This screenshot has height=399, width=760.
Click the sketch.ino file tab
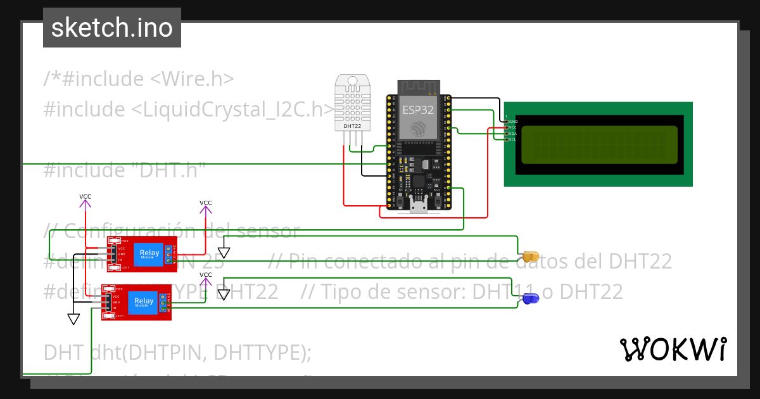point(111,28)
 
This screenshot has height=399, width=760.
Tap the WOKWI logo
point(673,349)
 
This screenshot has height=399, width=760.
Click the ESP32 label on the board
point(418,110)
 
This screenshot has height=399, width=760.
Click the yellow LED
point(530,257)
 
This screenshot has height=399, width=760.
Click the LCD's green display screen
point(598,144)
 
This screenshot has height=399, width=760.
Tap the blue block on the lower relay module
point(143,303)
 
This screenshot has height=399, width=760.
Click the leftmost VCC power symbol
point(85,199)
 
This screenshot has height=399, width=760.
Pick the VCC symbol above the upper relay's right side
point(206,206)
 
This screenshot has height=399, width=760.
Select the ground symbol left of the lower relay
point(73,319)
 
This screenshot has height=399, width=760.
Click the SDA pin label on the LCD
point(512,134)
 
